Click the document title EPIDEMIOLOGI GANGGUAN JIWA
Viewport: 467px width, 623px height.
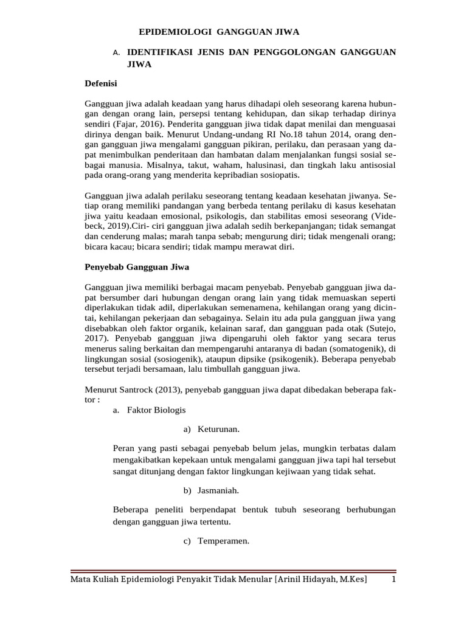point(220,32)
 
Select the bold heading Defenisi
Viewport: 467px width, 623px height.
point(100,83)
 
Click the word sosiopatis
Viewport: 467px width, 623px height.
point(277,175)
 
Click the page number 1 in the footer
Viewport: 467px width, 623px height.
point(393,580)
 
